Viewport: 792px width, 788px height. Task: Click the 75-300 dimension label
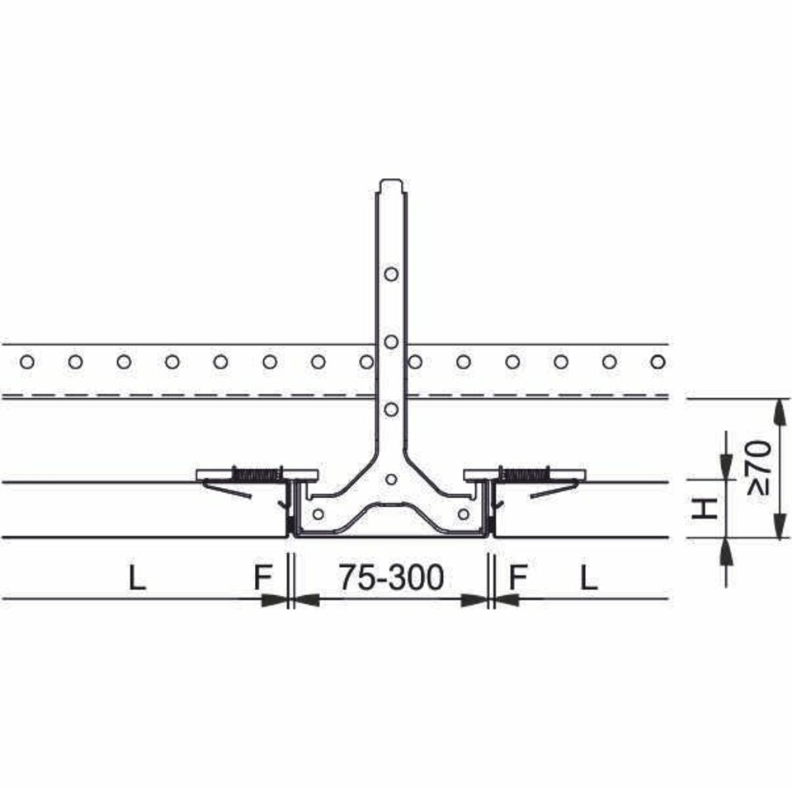(x=391, y=577)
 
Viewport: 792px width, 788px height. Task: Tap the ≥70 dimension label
(x=760, y=467)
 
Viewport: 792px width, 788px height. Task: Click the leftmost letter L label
(x=137, y=578)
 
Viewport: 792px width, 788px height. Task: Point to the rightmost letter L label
(x=588, y=578)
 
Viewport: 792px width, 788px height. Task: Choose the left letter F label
(x=262, y=578)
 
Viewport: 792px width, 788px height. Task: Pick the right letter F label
(x=518, y=578)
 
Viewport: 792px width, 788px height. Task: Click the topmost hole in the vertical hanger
(x=391, y=274)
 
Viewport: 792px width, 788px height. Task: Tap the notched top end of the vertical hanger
(x=391, y=185)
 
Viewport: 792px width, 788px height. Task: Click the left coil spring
(x=257, y=474)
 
